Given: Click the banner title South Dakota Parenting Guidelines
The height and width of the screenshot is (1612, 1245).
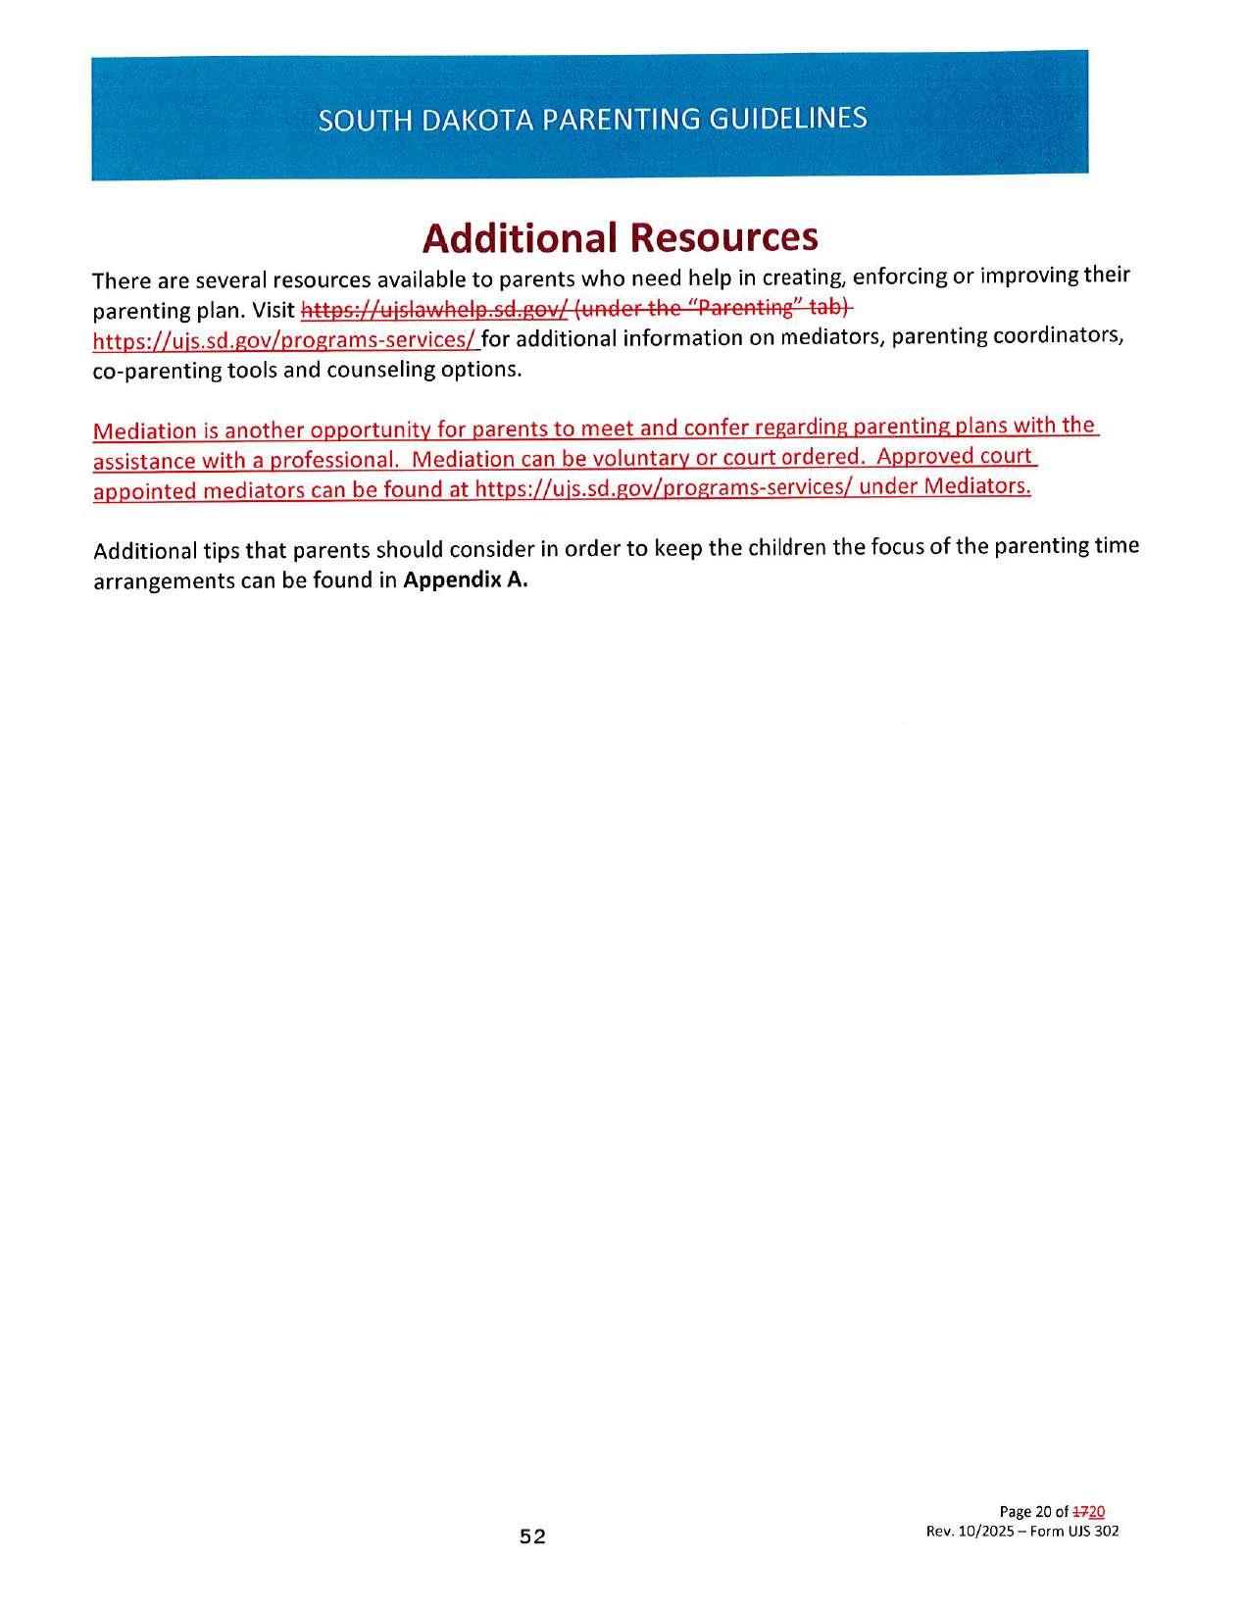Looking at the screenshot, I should click(592, 119).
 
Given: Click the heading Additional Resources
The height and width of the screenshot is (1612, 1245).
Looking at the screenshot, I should click(620, 236).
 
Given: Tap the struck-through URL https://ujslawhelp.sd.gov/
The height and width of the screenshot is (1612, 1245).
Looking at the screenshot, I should click(433, 310).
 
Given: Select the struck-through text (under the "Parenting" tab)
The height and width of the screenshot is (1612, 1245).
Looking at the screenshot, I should click(714, 308).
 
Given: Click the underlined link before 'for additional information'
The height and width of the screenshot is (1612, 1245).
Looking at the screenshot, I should click(284, 340).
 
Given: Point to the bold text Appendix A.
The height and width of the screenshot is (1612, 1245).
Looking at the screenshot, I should click(466, 579).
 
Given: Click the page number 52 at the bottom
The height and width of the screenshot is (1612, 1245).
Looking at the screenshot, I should click(532, 1536).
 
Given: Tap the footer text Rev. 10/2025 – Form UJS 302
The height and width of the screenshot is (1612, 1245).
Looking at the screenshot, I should click(1022, 1531).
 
